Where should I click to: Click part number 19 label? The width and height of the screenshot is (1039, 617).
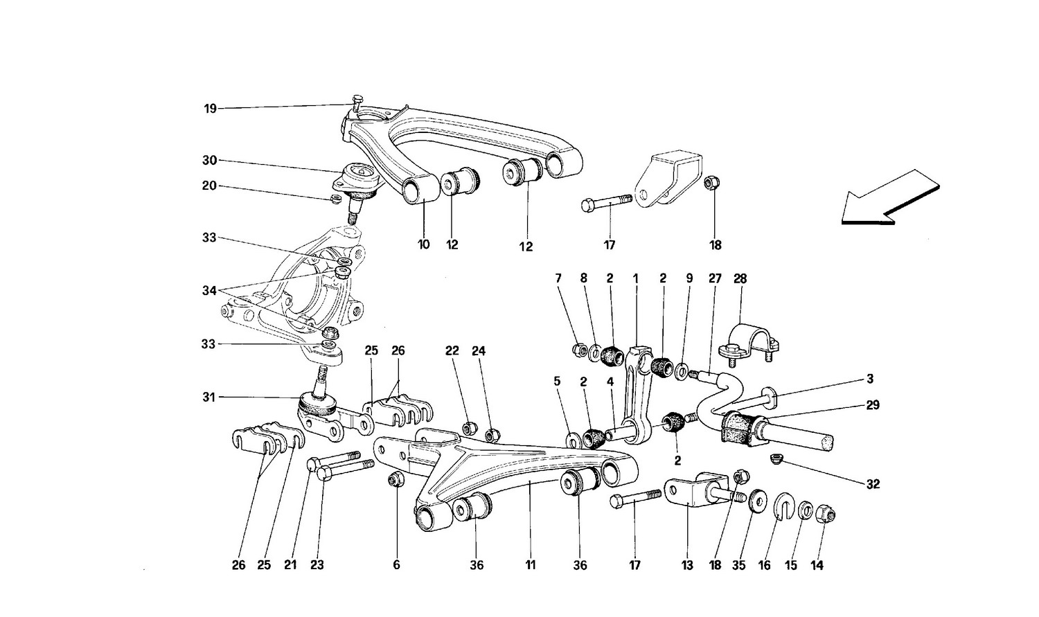tap(210, 109)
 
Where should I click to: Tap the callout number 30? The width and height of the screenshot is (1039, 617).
tap(210, 161)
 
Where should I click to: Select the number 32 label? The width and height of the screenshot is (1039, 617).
tap(872, 484)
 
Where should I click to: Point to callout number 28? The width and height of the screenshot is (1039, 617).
tap(740, 279)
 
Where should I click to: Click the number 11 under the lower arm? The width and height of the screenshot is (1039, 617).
tap(530, 565)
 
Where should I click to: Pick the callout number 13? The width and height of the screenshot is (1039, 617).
tap(686, 565)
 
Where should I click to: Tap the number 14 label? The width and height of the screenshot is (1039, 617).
tap(817, 565)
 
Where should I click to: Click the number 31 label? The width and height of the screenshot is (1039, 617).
tap(210, 397)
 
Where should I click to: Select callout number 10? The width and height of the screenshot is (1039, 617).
tap(423, 244)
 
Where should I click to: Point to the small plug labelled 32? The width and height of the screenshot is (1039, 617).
tap(776, 458)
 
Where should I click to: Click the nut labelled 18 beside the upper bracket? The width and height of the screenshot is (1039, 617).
tap(710, 183)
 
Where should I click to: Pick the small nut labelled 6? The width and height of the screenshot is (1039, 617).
tap(396, 479)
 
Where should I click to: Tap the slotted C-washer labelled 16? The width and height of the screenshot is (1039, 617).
tap(783, 508)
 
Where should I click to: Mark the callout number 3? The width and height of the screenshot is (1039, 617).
tap(869, 379)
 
